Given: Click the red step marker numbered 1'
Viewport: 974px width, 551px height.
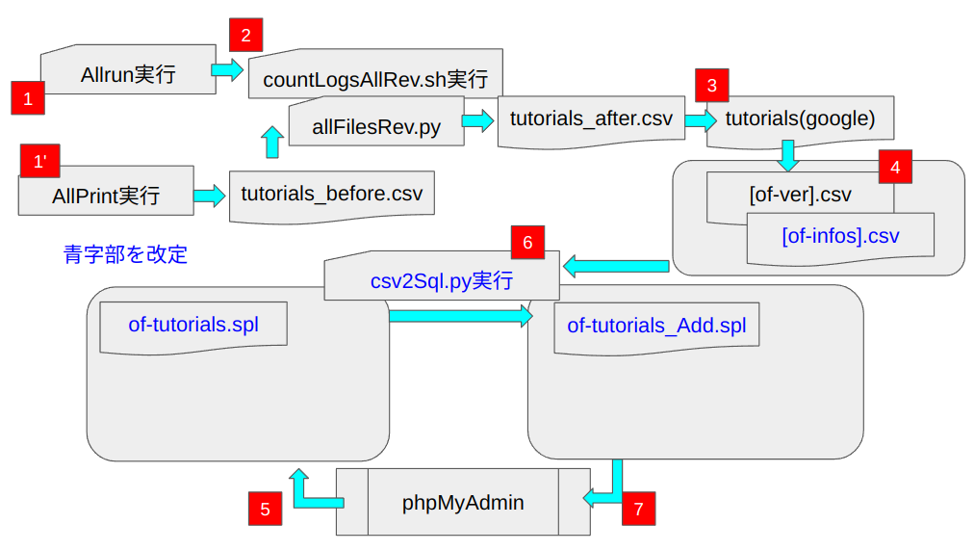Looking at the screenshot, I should point(39,161).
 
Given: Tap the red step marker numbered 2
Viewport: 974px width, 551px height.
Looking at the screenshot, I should point(246,37).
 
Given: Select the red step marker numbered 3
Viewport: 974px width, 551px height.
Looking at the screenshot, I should point(711,85).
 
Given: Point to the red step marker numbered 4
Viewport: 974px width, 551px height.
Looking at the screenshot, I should point(895,167).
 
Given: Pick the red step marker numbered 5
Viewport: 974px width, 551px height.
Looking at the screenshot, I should point(265,510).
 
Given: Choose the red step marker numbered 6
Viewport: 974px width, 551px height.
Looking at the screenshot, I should point(527,243).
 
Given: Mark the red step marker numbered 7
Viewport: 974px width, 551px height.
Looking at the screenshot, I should point(638,508).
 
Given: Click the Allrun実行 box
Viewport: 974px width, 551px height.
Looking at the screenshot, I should point(128,72).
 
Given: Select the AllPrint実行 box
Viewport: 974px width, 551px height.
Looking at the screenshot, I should point(106,196).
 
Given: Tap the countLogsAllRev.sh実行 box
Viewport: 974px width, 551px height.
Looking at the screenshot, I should point(375,79).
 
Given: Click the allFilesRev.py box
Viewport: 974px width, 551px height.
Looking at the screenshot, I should point(376,125).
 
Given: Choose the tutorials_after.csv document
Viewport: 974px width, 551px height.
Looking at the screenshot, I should point(591,119).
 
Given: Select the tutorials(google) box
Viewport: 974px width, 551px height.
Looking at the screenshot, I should point(800,119).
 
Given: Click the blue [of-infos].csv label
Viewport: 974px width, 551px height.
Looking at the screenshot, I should point(840,235).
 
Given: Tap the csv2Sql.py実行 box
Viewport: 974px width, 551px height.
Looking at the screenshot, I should point(441,281).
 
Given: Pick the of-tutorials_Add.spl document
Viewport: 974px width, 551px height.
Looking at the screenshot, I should point(656,326).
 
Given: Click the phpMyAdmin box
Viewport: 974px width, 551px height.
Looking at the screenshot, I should point(463,502).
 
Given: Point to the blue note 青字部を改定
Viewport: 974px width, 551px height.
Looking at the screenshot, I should point(125,254).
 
